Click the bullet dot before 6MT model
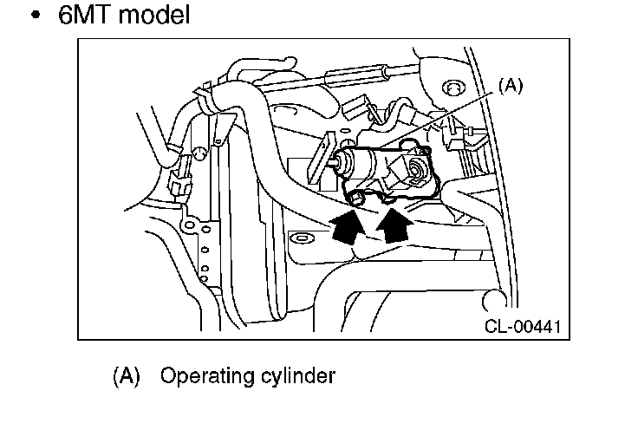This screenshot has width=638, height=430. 36,15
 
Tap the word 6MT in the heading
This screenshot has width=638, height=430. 85,15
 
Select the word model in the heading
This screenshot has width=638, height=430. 154,15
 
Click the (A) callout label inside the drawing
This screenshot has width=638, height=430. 511,86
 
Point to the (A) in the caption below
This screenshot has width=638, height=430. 127,375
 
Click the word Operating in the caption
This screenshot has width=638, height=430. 207,376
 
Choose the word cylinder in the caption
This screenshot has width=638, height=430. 298,376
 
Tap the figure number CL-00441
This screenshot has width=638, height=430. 523,326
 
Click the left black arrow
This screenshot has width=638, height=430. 347,226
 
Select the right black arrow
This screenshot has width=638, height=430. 394,225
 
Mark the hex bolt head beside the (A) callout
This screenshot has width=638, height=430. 452,88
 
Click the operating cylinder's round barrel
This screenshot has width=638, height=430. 360,162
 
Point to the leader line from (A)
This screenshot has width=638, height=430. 438,119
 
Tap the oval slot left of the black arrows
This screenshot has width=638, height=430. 301,238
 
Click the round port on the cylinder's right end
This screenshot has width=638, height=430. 416,168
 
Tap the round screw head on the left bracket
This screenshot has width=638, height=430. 199,153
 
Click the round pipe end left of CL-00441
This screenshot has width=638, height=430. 493,300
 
